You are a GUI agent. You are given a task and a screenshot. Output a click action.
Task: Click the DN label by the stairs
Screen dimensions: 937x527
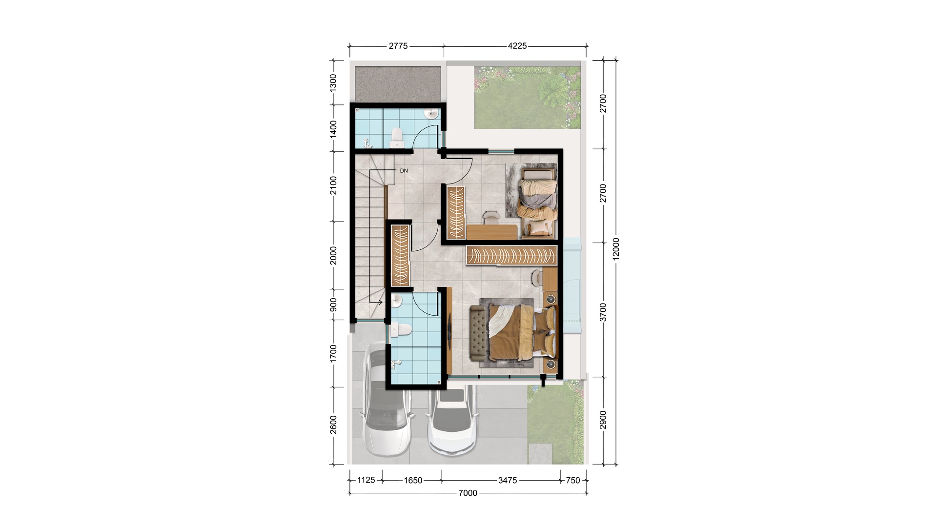(x=404, y=171)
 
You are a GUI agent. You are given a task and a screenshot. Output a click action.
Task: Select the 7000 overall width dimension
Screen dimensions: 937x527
(x=468, y=493)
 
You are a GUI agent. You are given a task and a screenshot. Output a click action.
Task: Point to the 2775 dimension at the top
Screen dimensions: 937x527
(x=398, y=46)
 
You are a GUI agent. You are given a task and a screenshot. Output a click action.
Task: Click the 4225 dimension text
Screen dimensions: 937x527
(x=517, y=46)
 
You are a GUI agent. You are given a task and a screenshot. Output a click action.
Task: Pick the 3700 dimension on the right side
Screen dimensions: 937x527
(x=603, y=312)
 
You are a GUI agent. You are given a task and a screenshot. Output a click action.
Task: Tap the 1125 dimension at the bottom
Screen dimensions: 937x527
(x=366, y=480)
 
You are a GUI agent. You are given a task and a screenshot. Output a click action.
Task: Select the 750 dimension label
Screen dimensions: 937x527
(x=573, y=480)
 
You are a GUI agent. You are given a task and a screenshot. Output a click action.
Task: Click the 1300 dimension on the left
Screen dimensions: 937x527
(x=333, y=83)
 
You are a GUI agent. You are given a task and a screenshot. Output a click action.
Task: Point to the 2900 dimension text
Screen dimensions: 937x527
(x=603, y=420)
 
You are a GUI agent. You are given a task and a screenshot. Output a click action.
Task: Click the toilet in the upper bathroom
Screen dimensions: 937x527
(x=397, y=138)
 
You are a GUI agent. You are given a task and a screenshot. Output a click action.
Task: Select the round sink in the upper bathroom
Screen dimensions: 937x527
(x=431, y=114)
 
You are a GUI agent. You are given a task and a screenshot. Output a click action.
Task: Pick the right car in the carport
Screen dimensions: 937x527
(x=452, y=421)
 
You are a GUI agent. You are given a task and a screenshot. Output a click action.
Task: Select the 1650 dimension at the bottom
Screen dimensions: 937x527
(x=413, y=480)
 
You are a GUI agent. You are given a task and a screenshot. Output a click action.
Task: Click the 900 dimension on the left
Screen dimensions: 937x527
(x=333, y=304)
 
